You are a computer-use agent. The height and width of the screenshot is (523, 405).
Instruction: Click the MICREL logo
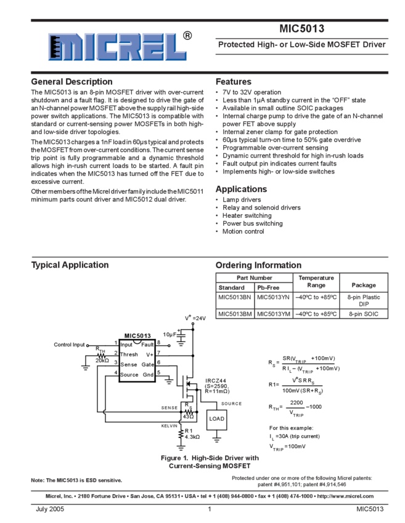[x=117, y=45]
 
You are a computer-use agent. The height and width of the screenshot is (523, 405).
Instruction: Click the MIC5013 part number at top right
[x=301, y=28]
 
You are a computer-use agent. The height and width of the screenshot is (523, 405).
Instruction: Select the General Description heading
[x=72, y=81]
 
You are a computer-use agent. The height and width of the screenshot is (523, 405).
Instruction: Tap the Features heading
[x=234, y=81]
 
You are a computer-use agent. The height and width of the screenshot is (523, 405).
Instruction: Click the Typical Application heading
[x=70, y=265]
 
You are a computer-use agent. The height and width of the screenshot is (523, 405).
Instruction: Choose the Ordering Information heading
[x=258, y=265]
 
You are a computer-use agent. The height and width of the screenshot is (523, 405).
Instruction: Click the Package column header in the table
[x=363, y=284]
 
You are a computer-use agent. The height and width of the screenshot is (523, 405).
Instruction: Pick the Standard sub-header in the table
[x=231, y=287]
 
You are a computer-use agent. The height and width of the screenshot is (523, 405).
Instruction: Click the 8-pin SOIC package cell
[x=363, y=314]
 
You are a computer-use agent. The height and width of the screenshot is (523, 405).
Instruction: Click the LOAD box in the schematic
[x=216, y=419]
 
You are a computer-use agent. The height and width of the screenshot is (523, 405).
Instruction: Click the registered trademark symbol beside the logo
[x=187, y=36]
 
